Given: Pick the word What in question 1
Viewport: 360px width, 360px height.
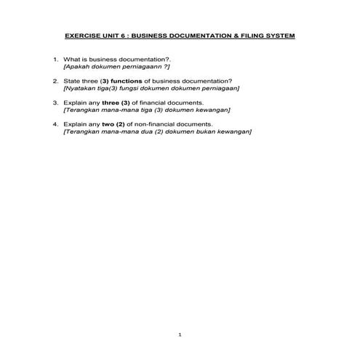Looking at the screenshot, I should coord(71,58).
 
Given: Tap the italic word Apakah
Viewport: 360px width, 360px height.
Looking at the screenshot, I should coord(76,65).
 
